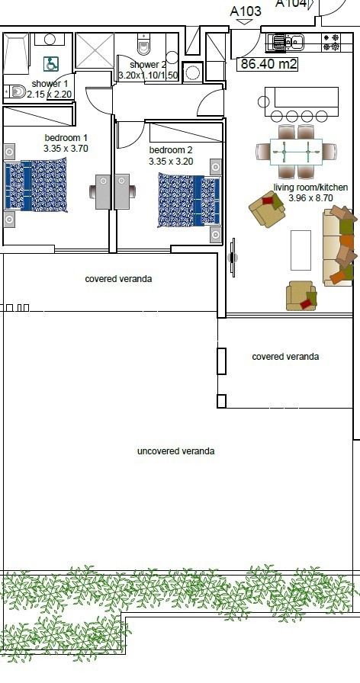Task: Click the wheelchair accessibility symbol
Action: click(x=51, y=65)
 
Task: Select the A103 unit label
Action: click(x=246, y=11)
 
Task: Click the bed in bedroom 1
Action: click(x=36, y=185)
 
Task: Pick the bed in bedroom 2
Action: click(x=189, y=200)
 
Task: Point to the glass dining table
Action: click(x=296, y=152)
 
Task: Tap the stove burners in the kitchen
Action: click(x=331, y=42)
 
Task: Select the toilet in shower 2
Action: click(x=143, y=44)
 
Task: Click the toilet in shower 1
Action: click(x=16, y=91)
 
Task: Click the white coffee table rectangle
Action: click(x=301, y=251)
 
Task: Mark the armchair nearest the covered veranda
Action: click(x=301, y=296)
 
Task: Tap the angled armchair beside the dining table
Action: click(x=267, y=210)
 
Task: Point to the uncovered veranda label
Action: click(x=175, y=451)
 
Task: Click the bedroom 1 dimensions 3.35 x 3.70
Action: click(x=66, y=149)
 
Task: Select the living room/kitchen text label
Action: click(x=310, y=188)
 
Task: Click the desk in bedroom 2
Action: click(x=122, y=191)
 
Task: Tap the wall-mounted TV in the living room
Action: click(x=233, y=258)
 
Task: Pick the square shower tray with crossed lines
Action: click(x=95, y=50)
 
